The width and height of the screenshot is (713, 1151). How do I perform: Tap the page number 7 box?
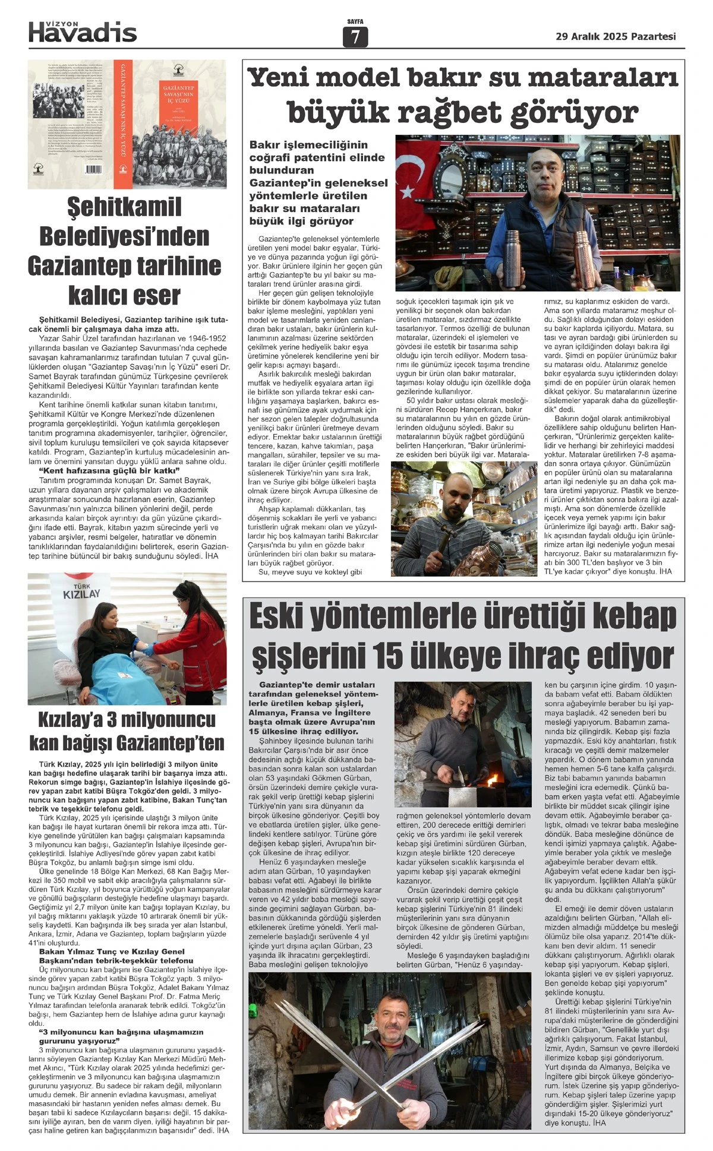coord(355,37)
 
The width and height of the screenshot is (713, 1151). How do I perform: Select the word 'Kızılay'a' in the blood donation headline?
coord(76,720)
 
